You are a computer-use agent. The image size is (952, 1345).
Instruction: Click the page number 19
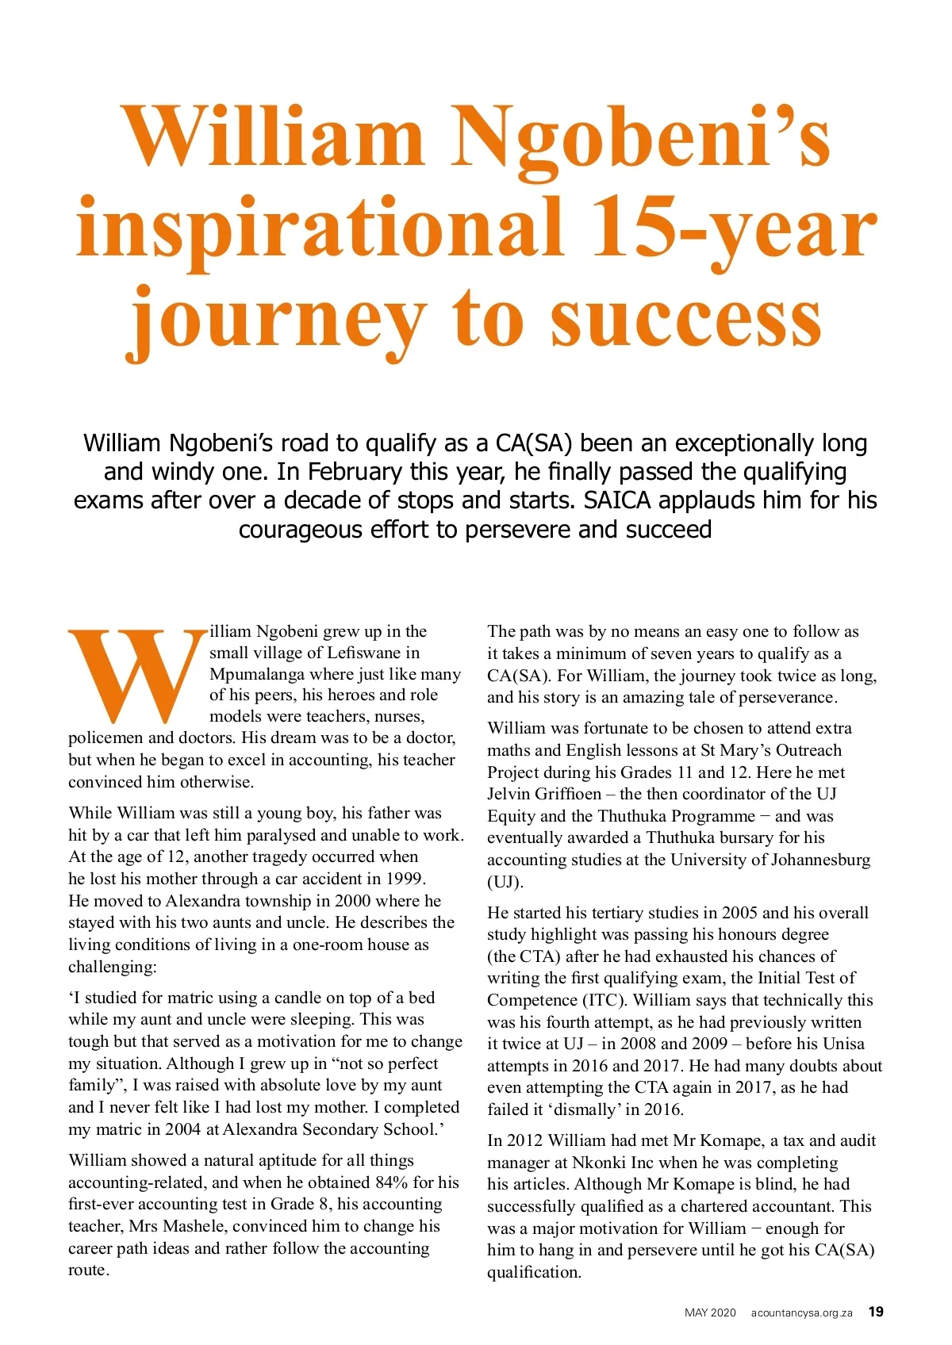876,1312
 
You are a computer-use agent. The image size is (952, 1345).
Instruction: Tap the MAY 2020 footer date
710,1312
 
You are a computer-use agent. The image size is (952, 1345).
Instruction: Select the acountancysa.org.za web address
801,1312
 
